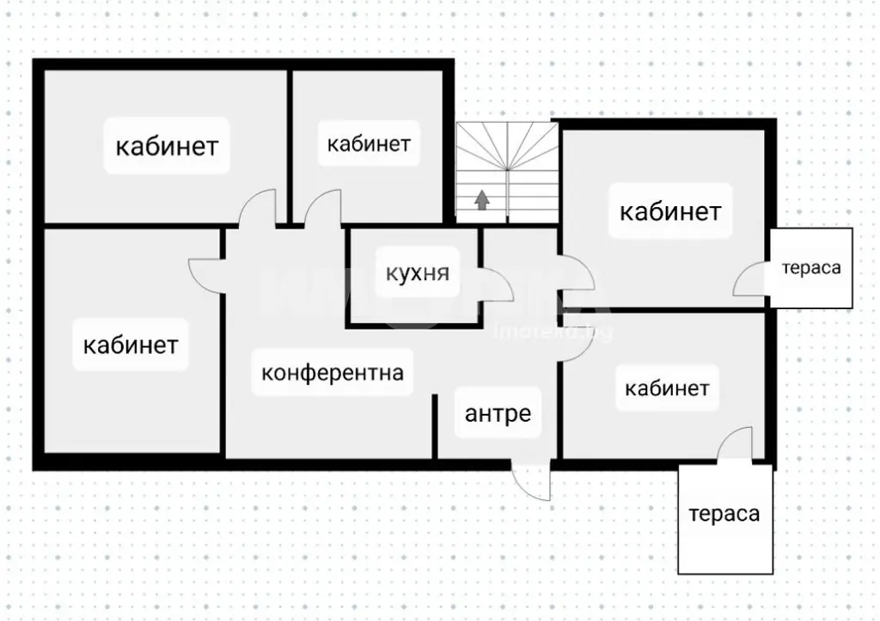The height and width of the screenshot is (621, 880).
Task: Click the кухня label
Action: tap(418, 273)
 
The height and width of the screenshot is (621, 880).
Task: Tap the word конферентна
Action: tap(333, 373)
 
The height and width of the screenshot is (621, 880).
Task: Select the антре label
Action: tap(498, 413)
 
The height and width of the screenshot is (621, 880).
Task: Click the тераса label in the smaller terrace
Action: tap(811, 268)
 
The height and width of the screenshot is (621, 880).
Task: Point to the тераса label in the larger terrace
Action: tap(724, 514)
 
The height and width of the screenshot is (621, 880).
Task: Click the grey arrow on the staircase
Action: tap(481, 200)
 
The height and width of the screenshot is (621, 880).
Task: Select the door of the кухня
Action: tap(496, 284)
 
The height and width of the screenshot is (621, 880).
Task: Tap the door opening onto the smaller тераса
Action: tap(749, 280)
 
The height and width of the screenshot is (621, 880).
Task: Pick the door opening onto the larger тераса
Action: tap(735, 444)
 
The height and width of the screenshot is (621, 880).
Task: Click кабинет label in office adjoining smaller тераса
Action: tap(670, 211)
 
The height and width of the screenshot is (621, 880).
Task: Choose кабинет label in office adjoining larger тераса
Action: tap(667, 388)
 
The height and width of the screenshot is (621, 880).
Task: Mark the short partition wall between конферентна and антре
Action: tap(434, 426)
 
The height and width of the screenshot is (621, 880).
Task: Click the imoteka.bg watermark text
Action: tap(553, 332)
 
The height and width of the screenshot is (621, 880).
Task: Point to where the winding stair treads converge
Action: tap(507, 168)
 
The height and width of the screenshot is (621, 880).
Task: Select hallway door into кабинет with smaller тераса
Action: tap(577, 273)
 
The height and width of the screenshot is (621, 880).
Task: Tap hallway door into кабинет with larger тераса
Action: tap(575, 342)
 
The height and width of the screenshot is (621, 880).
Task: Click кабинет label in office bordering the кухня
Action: tap(369, 144)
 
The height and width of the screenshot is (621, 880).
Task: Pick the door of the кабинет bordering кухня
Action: tap(323, 209)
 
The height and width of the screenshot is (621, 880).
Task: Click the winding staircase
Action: tap(507, 173)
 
